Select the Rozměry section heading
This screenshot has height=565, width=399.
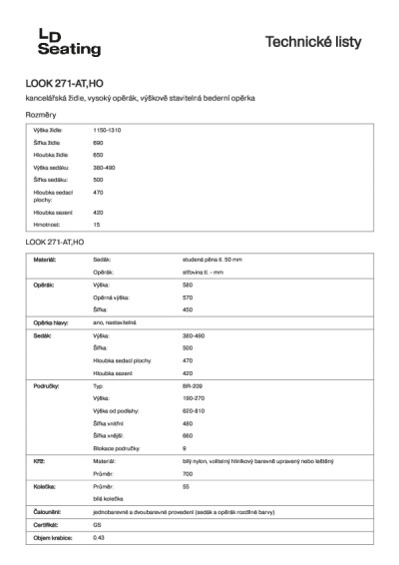[41, 116]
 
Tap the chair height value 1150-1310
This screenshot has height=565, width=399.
[107, 131]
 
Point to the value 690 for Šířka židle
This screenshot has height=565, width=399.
[98, 143]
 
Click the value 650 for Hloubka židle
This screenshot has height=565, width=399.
[98, 155]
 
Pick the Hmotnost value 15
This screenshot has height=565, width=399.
[97, 225]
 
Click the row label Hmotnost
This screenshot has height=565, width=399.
[48, 225]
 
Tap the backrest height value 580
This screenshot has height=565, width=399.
[188, 284]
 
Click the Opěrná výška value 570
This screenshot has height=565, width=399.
[188, 297]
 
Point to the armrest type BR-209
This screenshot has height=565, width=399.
[192, 384]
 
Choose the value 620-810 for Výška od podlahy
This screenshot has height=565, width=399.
[194, 410]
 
